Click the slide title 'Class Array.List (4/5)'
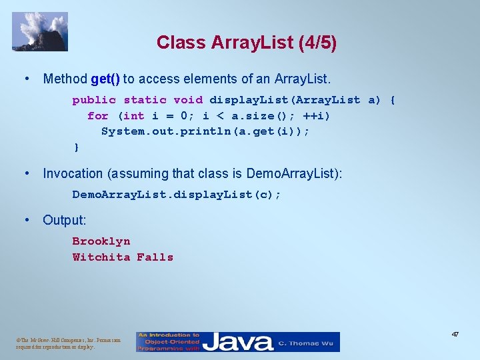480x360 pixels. pos(247,43)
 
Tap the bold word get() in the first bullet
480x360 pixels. pos(105,79)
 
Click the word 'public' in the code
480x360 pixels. pos(94,100)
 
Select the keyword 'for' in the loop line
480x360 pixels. pos(97,116)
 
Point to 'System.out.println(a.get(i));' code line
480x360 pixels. pos(205,131)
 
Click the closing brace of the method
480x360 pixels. pos(76,147)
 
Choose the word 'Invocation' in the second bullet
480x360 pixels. pos(73,174)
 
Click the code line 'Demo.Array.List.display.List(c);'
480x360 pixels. pos(177,195)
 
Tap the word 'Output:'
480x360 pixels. pos(65,220)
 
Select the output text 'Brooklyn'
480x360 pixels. pos(101,241)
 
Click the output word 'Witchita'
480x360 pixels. pos(101,257)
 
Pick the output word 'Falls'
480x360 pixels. pos(155,257)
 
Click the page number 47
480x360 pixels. pos(455,334)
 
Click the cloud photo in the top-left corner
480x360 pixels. pos(40,31)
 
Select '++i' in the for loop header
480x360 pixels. pos(318,116)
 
